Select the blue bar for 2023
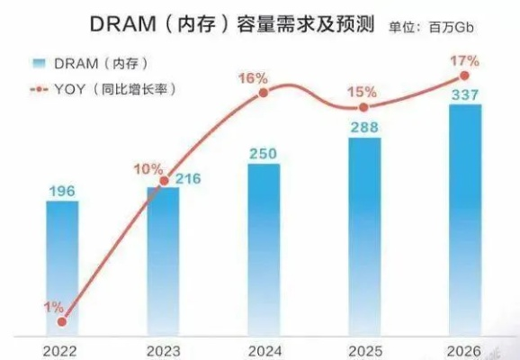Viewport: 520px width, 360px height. click(163, 261)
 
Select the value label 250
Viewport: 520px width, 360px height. click(264, 150)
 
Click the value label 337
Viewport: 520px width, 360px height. click(465, 91)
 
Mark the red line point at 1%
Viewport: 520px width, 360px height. click(62, 320)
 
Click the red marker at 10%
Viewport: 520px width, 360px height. click(163, 181)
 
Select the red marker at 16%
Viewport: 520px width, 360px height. click(264, 92)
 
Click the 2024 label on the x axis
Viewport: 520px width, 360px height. click(264, 348)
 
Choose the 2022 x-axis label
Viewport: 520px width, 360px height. click(62, 348)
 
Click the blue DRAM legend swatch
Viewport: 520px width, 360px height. click(37, 62)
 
